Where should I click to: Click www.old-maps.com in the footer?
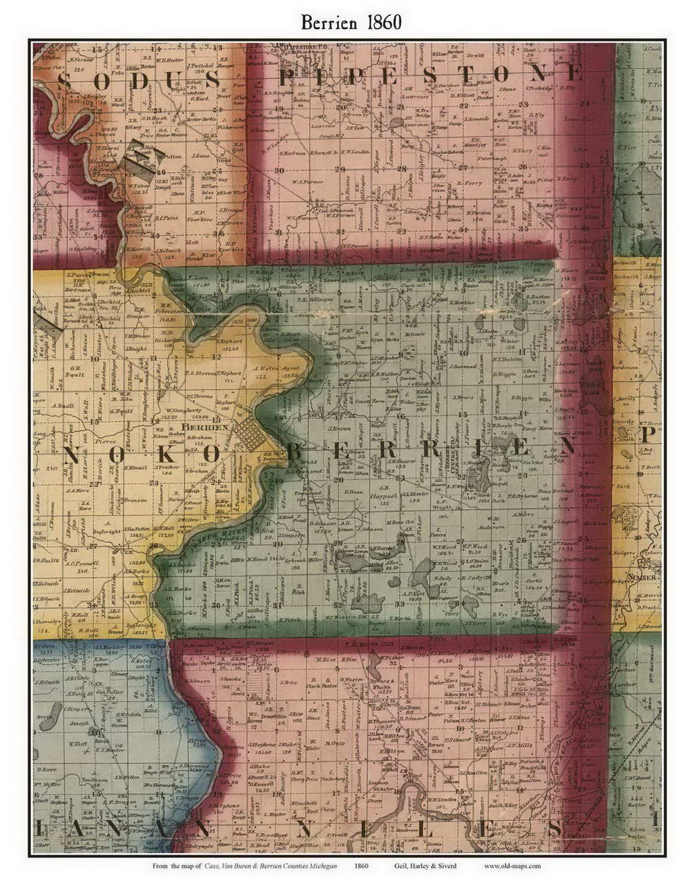512,865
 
